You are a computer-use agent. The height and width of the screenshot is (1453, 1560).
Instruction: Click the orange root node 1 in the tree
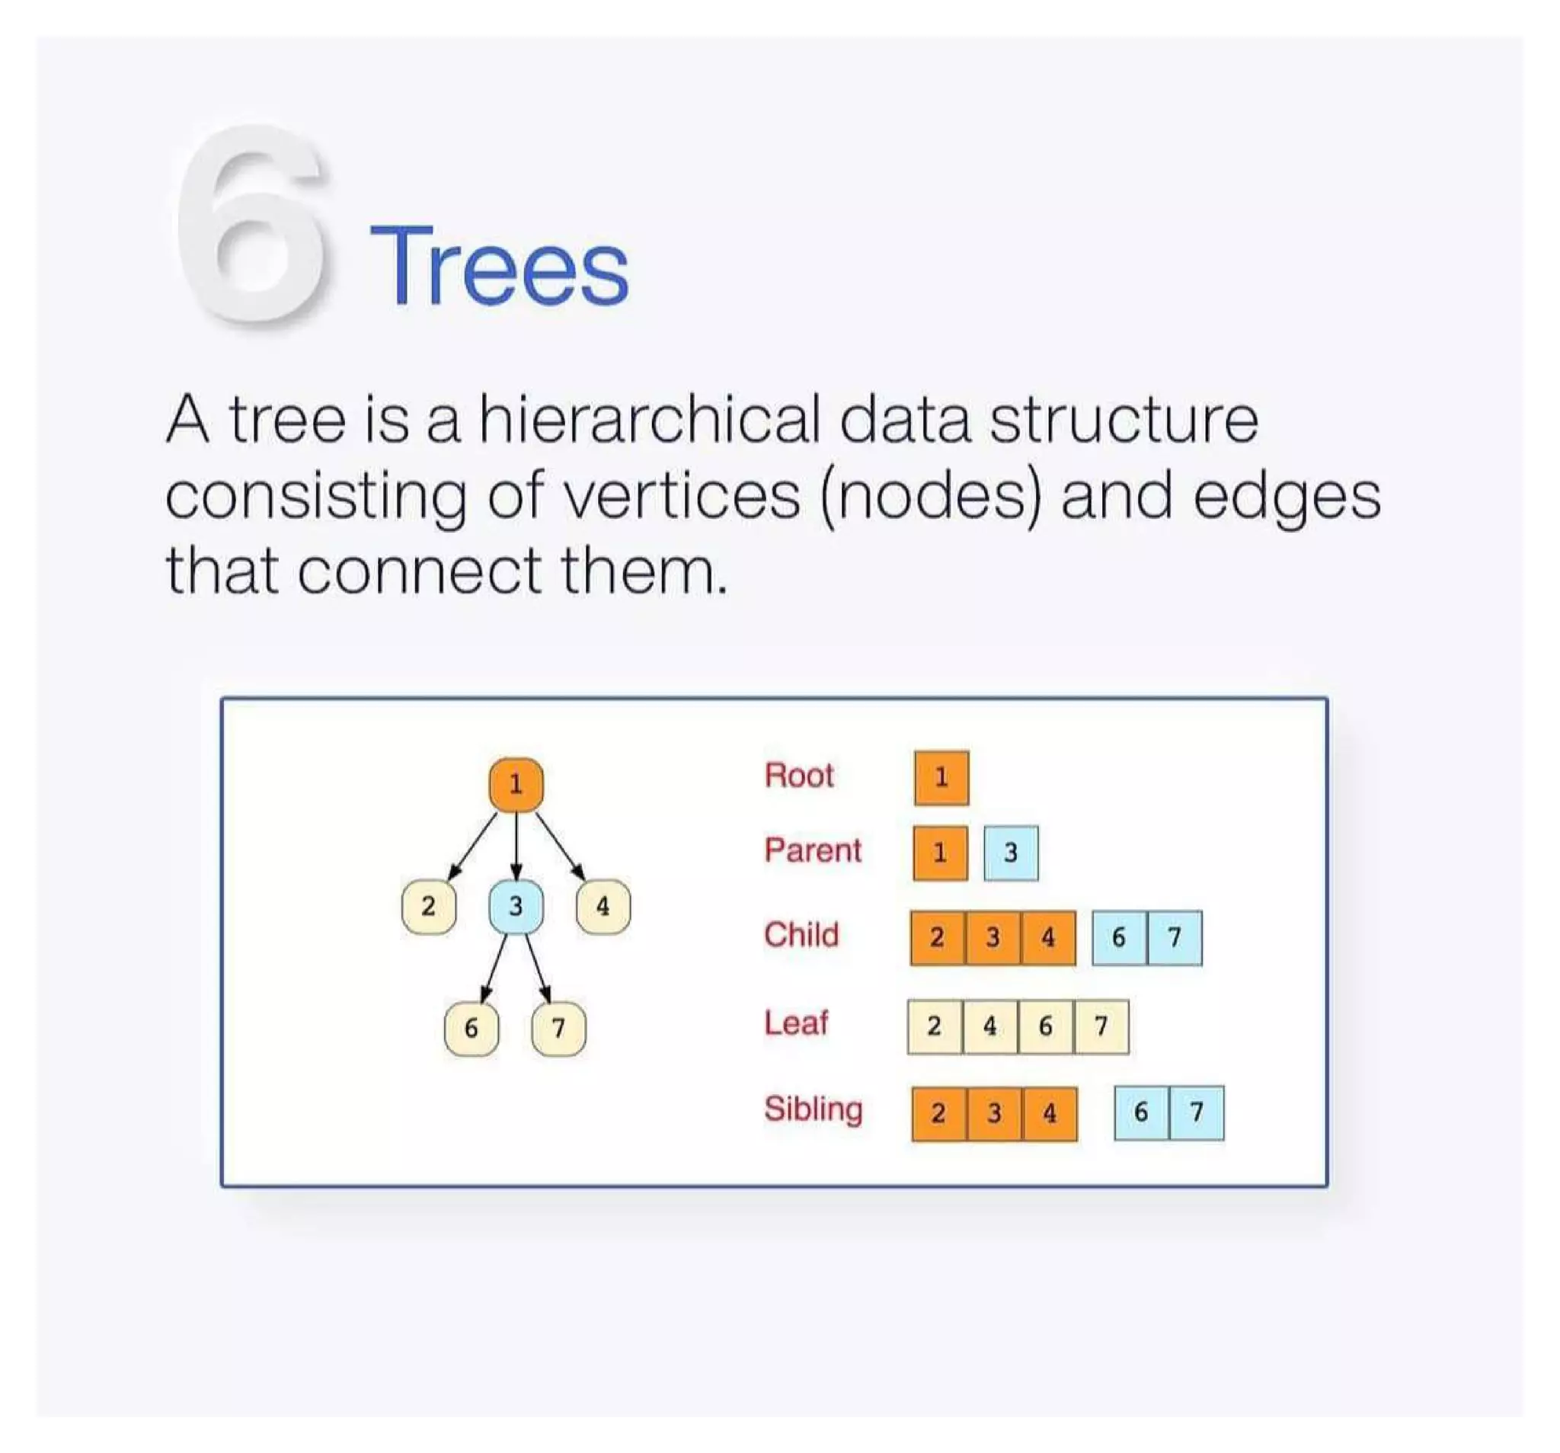[x=516, y=784]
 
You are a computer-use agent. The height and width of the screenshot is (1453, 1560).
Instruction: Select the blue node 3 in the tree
[x=516, y=907]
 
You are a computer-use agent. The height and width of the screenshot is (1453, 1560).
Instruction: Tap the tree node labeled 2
[x=428, y=907]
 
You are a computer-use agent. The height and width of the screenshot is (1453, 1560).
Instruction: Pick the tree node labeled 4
[x=603, y=907]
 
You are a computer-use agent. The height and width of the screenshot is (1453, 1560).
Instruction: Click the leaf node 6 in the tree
[x=471, y=1029]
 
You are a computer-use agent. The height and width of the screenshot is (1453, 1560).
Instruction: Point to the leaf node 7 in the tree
[x=558, y=1029]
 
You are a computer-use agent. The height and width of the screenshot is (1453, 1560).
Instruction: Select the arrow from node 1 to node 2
[x=473, y=846]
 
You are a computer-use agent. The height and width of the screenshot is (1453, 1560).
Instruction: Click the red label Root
[x=798, y=776]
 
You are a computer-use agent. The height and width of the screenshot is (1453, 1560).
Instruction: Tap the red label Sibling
[x=813, y=1109]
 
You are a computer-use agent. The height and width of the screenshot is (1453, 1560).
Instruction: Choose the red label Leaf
[x=796, y=1023]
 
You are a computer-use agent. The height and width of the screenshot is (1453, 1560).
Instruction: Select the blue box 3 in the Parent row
[x=1011, y=853]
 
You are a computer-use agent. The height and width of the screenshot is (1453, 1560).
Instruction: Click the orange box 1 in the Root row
[x=941, y=778]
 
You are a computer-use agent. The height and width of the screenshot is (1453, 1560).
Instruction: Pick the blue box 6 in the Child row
[x=1119, y=937]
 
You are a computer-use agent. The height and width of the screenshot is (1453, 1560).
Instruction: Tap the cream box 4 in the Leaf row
[x=990, y=1026]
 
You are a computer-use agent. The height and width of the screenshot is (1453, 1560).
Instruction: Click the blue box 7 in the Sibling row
[x=1196, y=1112]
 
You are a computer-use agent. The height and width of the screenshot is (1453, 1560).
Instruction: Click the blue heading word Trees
[x=499, y=267]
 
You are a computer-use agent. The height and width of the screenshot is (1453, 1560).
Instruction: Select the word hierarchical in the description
[x=649, y=420]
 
